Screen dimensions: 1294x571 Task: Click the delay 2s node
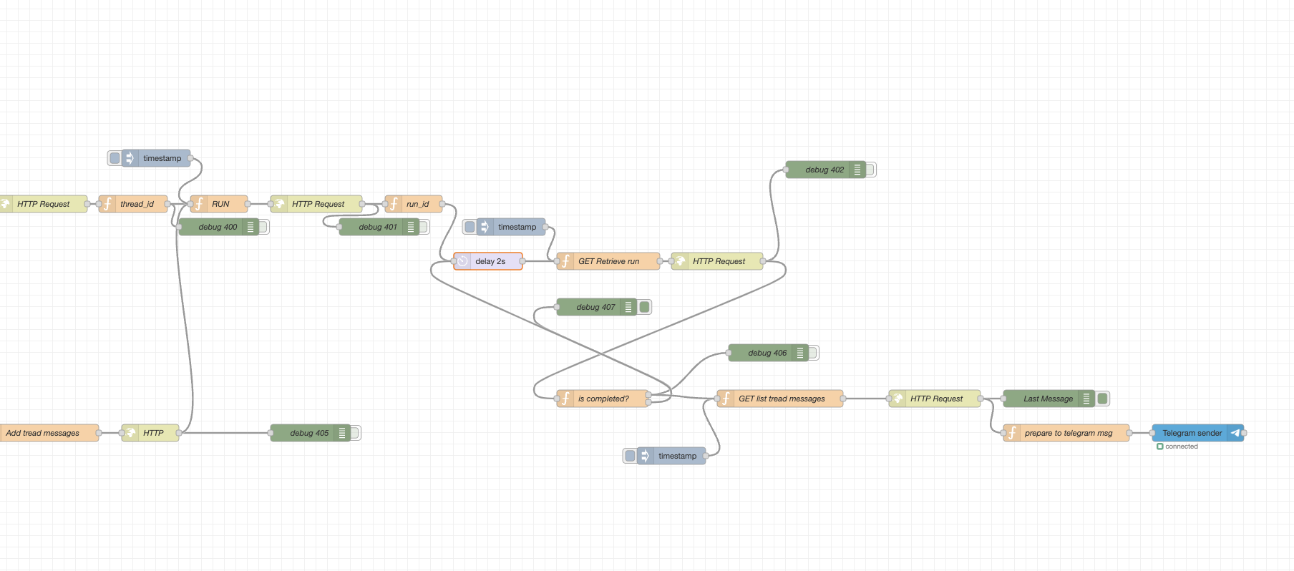[x=490, y=261]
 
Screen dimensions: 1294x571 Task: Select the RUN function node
[x=220, y=204]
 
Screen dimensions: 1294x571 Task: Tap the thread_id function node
[x=136, y=204]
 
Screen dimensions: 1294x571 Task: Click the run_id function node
[x=417, y=204]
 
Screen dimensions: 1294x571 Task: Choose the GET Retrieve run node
[x=608, y=261]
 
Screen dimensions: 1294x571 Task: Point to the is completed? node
[x=603, y=399]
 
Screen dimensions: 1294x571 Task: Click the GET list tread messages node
[x=781, y=399]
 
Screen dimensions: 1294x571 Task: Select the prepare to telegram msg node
[x=1068, y=433]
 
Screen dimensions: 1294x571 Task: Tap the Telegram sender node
[x=1192, y=433]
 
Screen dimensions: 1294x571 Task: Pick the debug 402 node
[x=824, y=170]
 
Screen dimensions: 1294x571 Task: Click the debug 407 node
[x=595, y=307]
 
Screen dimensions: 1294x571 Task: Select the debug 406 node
[x=767, y=353]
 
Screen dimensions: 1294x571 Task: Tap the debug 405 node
[x=309, y=433]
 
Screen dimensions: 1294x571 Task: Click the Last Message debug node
[x=1047, y=399]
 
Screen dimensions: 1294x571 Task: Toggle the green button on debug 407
[x=645, y=307]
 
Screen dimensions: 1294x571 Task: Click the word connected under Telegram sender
[x=1181, y=446]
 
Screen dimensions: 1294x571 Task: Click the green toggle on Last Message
[x=1103, y=399]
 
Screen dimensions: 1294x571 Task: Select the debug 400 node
[x=218, y=227]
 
